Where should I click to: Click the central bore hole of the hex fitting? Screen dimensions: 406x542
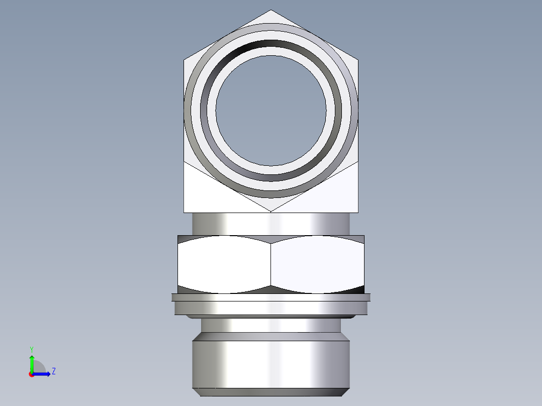tap(271, 110)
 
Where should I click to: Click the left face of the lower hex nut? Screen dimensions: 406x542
tap(224, 264)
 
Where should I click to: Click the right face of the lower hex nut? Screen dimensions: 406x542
tap(317, 264)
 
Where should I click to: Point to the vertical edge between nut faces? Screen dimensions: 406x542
tap(271, 264)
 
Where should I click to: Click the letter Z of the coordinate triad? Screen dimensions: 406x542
tap(53, 371)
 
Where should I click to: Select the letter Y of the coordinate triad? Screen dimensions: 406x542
tap(31, 349)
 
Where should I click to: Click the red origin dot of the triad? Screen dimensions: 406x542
tap(31, 374)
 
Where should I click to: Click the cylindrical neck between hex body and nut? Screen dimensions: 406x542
tap(271, 224)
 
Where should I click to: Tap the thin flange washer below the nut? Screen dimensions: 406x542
tap(271, 297)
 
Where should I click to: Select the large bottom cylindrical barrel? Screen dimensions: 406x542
tap(271, 364)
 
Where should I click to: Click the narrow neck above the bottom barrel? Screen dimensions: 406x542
tap(271, 326)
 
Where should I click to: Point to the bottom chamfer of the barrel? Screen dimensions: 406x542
tap(271, 392)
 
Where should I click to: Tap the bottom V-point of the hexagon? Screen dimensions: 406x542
tap(271, 210)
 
